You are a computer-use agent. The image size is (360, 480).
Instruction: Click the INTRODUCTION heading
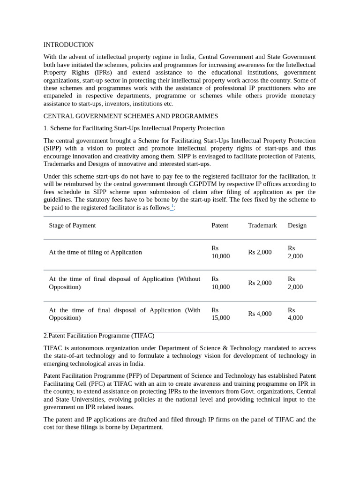[68, 45]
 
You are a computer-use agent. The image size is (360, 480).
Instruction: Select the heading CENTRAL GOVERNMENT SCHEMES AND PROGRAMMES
[131, 116]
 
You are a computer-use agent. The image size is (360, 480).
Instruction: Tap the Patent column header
[220, 225]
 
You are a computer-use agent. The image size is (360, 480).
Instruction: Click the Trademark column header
[262, 225]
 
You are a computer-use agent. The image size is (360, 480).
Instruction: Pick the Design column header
[297, 225]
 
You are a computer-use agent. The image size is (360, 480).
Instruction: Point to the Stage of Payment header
[72, 225]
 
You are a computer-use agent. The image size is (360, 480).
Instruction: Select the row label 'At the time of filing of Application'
[95, 252]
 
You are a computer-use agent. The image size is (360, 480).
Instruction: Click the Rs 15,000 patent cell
[221, 314]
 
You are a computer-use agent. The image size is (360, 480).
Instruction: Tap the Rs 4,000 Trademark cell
[260, 314]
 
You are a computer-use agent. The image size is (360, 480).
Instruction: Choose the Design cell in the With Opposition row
[295, 314]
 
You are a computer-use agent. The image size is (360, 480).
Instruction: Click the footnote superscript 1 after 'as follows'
[172, 206]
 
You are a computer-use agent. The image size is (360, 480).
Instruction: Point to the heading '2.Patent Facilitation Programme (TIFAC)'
[99, 336]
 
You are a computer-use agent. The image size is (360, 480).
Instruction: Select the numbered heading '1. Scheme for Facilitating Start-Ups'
[134, 128]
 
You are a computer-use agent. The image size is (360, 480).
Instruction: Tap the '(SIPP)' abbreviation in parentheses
[54, 149]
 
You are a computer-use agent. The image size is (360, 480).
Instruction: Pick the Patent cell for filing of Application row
[221, 252]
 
